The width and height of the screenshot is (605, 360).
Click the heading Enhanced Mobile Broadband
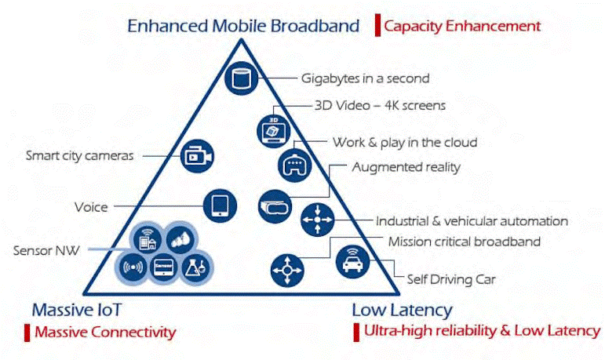point(243,26)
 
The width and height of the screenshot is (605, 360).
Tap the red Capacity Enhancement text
point(462,26)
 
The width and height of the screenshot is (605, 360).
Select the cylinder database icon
point(242,78)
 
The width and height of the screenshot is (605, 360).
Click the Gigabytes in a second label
point(365,78)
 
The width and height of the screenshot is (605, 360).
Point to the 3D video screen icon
point(274,131)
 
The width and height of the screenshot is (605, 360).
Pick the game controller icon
point(295,165)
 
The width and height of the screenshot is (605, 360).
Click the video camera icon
point(197,156)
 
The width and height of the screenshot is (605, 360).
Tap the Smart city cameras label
point(79,155)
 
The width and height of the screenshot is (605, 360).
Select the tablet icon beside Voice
point(220,205)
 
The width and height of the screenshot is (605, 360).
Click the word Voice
point(91,207)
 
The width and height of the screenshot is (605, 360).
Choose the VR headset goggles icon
point(275,206)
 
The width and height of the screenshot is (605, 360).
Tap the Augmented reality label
point(406,168)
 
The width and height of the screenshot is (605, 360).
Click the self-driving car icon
point(352,262)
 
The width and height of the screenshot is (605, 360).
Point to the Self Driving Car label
point(451,279)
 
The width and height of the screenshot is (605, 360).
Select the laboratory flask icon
point(195,267)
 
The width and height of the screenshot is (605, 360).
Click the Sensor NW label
point(46,250)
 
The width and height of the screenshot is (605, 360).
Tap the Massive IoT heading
point(76,310)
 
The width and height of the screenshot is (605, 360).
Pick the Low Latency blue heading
point(402,311)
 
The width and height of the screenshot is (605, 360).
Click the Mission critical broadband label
point(465,242)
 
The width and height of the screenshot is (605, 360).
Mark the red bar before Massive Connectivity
point(27,333)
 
